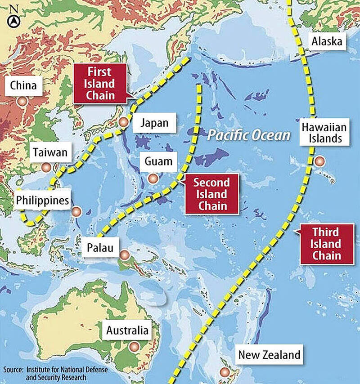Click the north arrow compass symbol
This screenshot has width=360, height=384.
pyautogui.click(x=14, y=20)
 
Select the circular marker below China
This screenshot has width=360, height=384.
pyautogui.click(x=22, y=102)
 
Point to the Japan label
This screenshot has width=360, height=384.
pyautogui.click(x=154, y=122)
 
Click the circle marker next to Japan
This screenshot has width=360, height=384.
pyautogui.click(x=124, y=122)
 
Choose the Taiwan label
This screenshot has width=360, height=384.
pyautogui.click(x=50, y=152)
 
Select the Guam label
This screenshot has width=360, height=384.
pyautogui.click(x=158, y=161)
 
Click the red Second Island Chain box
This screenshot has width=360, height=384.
pyautogui.click(x=211, y=194)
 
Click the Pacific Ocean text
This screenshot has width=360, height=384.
pyautogui.click(x=249, y=134)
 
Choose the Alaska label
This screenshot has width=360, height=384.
pyautogui.click(x=327, y=42)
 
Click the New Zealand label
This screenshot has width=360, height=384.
pyautogui.click(x=269, y=354)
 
